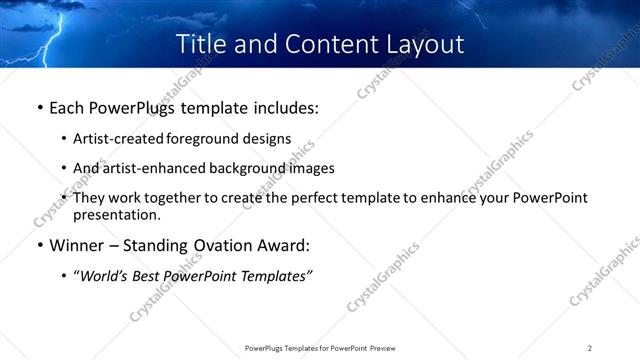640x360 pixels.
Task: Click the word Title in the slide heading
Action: [200, 44]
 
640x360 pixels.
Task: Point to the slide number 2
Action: [589, 347]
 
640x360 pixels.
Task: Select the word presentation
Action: [116, 215]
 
